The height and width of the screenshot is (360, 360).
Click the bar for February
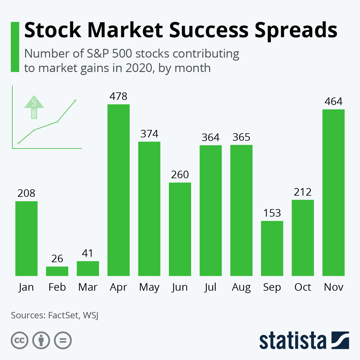pos(57,271)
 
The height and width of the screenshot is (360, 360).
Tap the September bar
pos(272,248)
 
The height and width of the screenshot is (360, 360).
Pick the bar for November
pos(333,192)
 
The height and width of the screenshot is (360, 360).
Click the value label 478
pos(118,96)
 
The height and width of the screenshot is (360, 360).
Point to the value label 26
pos(57,259)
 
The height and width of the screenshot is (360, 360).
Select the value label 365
pos(241,137)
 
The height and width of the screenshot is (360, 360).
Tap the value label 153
pos(272,213)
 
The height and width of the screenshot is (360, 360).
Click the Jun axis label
pos(180,287)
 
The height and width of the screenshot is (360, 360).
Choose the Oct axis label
pos(303,287)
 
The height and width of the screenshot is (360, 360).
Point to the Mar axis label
pos(88,287)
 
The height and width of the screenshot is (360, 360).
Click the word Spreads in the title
pos(296,30)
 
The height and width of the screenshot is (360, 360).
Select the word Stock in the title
pos(53,30)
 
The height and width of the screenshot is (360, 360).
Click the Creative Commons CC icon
pos(19,340)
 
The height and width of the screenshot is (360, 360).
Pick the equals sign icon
pos(63,340)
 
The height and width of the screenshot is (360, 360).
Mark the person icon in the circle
pos(41,340)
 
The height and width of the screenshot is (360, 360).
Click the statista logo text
pos(292,340)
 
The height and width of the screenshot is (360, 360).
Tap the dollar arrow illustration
pos(34,107)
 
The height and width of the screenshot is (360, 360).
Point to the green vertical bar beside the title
pos(15,47)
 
